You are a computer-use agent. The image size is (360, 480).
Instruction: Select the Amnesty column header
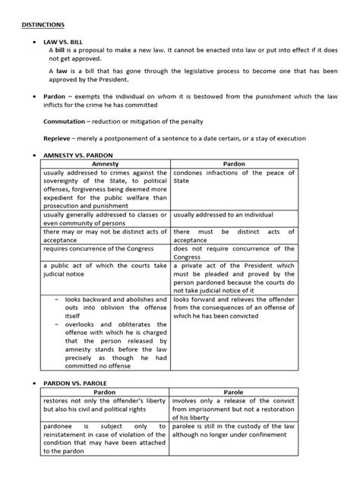click(104, 164)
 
